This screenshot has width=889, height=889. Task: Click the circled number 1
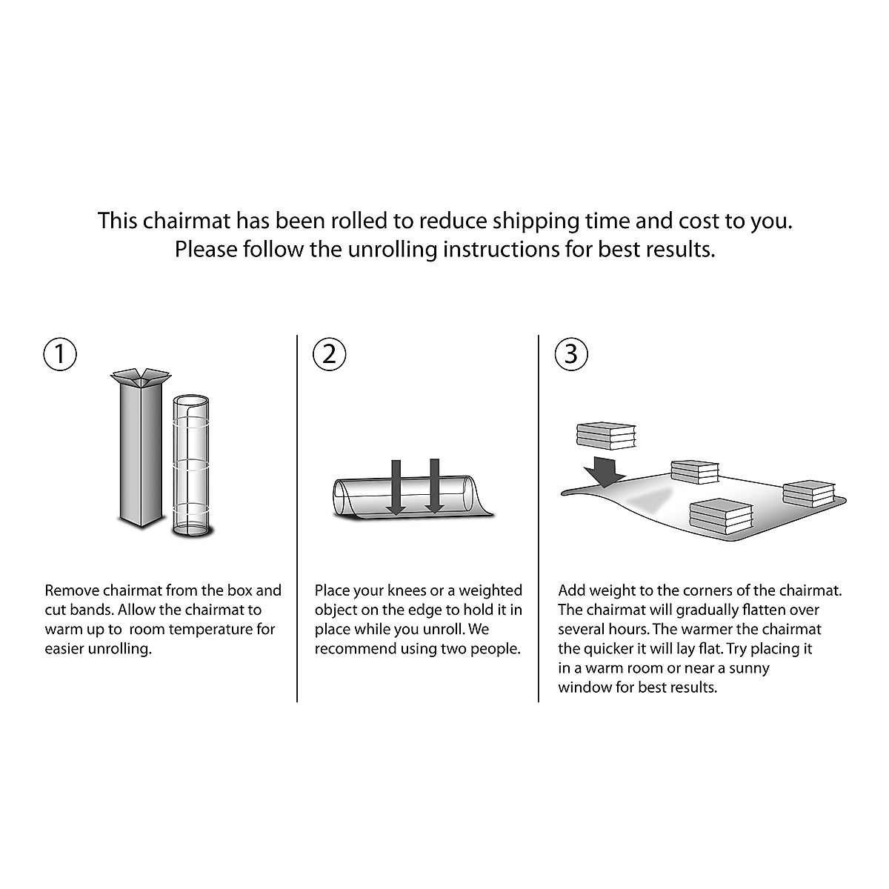pyautogui.click(x=61, y=354)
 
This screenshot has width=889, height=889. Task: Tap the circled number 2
pyautogui.click(x=330, y=354)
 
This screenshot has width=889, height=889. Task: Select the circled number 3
pyautogui.click(x=571, y=354)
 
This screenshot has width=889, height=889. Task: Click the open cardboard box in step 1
pyautogui.click(x=139, y=448)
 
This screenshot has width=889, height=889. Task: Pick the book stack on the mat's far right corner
pyautogui.click(x=808, y=494)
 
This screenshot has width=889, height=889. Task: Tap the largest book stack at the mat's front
pyautogui.click(x=721, y=516)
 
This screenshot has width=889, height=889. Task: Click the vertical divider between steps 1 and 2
pyautogui.click(x=297, y=519)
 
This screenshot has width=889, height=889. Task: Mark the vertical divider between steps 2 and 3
pyautogui.click(x=539, y=519)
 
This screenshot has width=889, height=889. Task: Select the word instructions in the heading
pyautogui.click(x=506, y=250)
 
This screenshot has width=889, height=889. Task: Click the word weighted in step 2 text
pyautogui.click(x=490, y=591)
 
